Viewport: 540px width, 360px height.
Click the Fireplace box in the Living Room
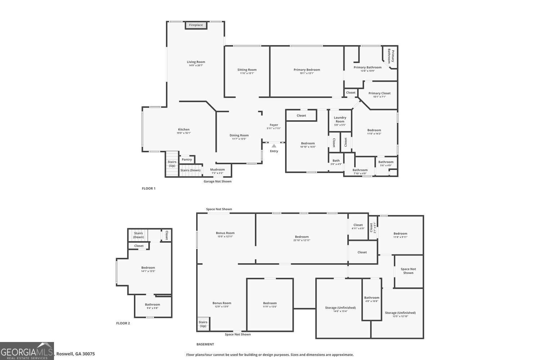click(196, 25)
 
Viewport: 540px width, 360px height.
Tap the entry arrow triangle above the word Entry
click(274, 146)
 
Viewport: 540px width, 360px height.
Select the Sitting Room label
click(247, 70)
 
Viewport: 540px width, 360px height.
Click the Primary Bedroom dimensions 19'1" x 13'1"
click(307, 73)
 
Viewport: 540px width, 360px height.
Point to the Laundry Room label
click(340, 119)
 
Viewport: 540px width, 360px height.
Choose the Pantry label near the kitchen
click(187, 159)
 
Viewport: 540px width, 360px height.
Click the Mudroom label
click(217, 170)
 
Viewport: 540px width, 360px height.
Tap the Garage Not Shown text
click(217, 181)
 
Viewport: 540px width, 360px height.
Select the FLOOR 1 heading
click(149, 189)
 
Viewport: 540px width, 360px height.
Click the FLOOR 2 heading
click(123, 323)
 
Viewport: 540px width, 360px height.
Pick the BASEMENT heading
click(205, 345)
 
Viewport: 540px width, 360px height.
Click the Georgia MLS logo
click(27, 351)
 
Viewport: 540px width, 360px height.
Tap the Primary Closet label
click(379, 93)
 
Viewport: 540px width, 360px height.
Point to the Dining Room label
click(239, 135)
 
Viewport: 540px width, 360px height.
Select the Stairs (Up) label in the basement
click(203, 324)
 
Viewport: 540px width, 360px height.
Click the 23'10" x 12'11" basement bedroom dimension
click(302, 240)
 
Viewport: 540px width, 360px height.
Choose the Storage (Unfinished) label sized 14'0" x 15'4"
click(340, 308)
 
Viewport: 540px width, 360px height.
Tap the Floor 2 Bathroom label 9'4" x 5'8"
click(153, 305)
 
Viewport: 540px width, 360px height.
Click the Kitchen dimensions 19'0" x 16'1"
click(184, 133)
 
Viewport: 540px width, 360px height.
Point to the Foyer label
click(274, 125)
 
